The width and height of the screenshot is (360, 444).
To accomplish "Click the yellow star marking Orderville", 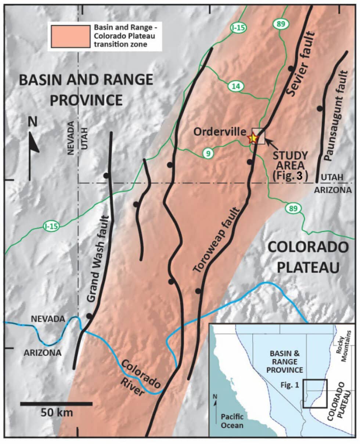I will (253, 138).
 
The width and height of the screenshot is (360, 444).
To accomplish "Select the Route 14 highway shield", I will (235, 86).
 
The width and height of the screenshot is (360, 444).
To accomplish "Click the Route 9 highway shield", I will (208, 153).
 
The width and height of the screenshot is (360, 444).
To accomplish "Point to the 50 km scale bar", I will (56, 403).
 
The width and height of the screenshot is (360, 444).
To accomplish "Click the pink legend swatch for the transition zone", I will (70, 36).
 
